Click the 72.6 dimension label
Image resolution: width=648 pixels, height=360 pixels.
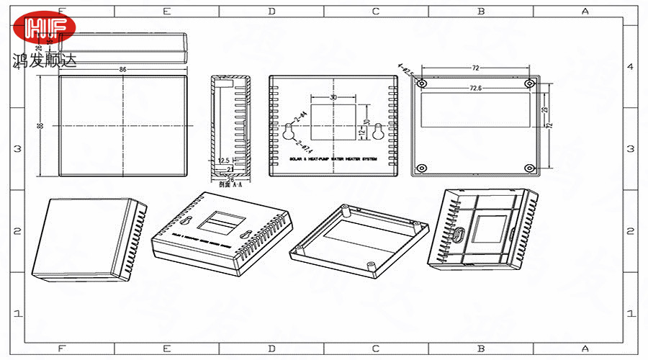(475, 88)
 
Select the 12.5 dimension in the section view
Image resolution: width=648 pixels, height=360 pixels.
(223, 161)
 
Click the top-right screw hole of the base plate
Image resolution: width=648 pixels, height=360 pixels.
(530, 84)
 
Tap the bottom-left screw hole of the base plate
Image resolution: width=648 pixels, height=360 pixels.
(422, 168)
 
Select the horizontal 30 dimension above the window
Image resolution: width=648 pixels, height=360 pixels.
(333, 96)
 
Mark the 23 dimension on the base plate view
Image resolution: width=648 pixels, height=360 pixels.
(545, 109)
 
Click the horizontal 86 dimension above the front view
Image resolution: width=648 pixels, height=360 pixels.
(123, 69)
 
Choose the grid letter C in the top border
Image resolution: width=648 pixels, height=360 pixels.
(376, 11)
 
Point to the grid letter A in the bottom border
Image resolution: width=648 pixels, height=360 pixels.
(585, 348)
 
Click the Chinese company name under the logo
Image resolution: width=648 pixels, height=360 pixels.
(44, 61)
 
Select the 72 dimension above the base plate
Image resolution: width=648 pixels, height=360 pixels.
(475, 67)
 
